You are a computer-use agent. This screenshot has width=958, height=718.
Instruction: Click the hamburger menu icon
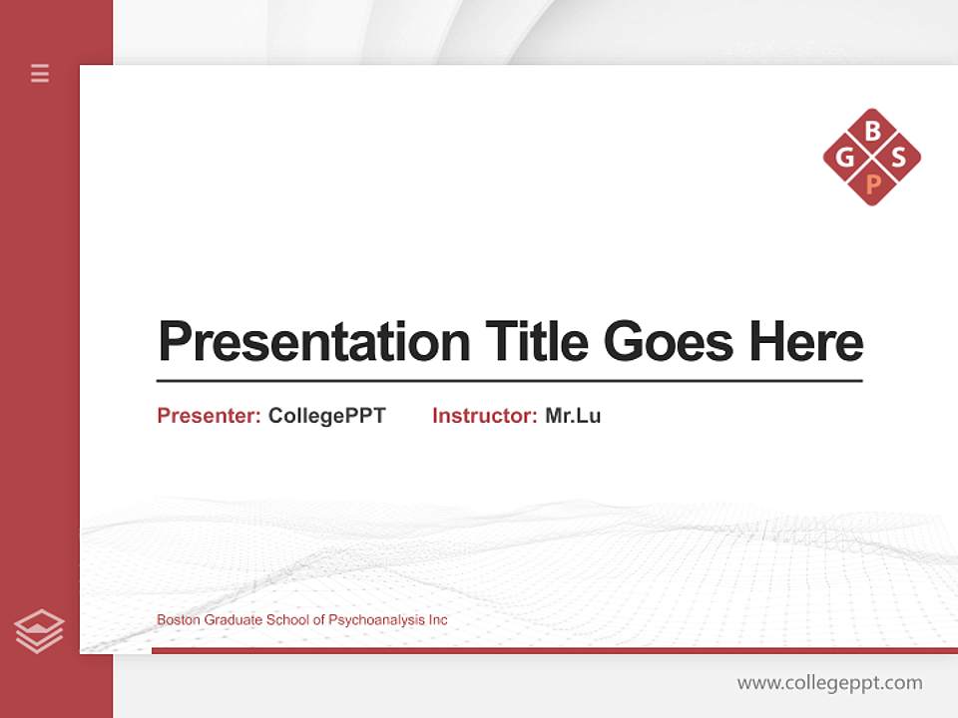tap(40, 73)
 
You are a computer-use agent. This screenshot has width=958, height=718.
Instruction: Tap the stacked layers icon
tap(39, 631)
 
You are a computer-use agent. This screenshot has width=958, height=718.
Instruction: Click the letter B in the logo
tap(872, 131)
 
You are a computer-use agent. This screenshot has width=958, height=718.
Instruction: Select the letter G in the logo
tap(845, 158)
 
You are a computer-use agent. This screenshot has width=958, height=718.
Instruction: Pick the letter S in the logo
tap(899, 158)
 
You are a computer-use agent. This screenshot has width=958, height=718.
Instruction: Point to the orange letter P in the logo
tap(872, 183)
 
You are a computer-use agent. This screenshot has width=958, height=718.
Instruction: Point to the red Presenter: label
tap(209, 416)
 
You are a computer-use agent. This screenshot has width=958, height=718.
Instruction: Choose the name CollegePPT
tap(326, 416)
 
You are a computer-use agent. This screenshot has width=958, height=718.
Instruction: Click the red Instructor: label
tap(484, 416)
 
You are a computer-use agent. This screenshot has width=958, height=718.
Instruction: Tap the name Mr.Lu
tap(573, 416)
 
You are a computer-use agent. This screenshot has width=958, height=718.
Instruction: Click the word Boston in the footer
tap(177, 620)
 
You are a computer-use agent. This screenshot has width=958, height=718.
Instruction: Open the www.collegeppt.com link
tap(829, 683)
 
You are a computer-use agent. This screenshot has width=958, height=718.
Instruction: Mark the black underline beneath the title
tap(509, 380)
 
